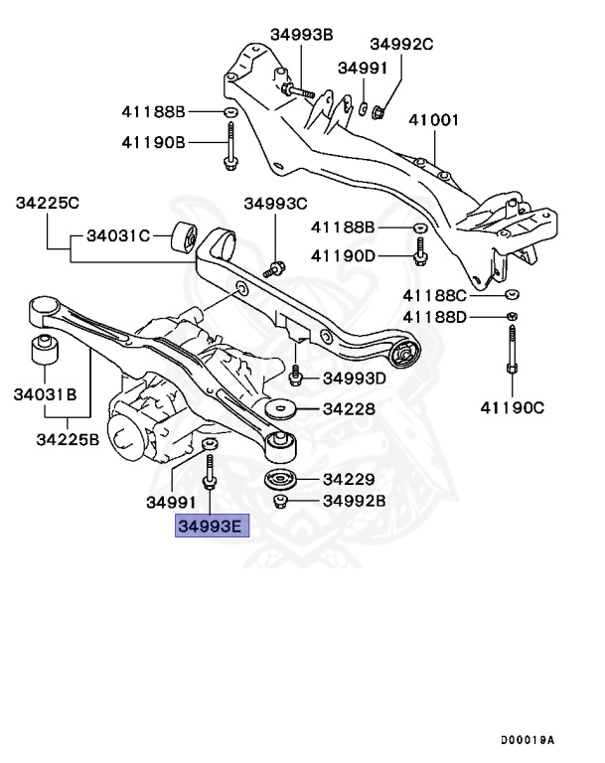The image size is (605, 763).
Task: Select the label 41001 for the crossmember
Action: click(x=435, y=121)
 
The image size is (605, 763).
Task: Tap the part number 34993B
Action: click(x=301, y=35)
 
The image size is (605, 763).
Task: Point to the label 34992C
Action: click(x=402, y=44)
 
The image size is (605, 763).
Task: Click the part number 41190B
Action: click(x=154, y=143)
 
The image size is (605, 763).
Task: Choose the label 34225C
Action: click(x=47, y=203)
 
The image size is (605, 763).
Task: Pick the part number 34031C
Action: click(x=118, y=236)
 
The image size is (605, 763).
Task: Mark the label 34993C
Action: click(x=276, y=204)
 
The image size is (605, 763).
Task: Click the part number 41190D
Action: click(x=343, y=256)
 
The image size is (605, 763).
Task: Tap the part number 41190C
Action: click(x=513, y=406)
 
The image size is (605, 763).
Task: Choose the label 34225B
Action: click(x=68, y=438)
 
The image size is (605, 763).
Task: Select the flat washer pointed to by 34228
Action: click(x=283, y=408)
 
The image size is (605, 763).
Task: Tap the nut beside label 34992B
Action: click(x=281, y=500)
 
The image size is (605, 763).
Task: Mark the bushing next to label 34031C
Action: click(x=185, y=238)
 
